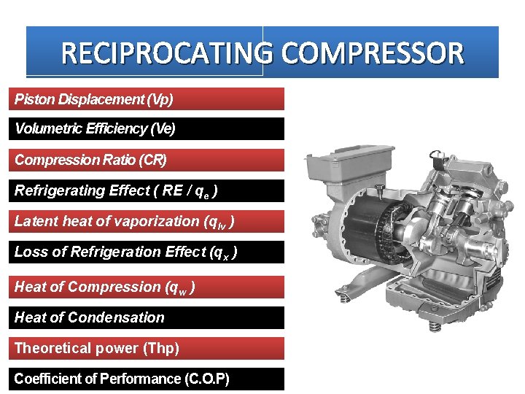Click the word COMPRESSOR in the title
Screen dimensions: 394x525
pyautogui.click(x=370, y=53)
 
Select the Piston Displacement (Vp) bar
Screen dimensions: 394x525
pyautogui.click(x=148, y=98)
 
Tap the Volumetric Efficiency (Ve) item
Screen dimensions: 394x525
pyautogui.click(x=148, y=129)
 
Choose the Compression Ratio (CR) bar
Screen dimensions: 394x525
pyautogui.click(x=148, y=160)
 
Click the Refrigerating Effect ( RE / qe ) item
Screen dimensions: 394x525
pyautogui.click(x=148, y=191)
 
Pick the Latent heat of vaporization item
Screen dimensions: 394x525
pyautogui.click(x=148, y=221)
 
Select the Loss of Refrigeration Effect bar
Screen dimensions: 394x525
pyautogui.click(x=148, y=252)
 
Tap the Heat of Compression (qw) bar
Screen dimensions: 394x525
pyautogui.click(x=148, y=287)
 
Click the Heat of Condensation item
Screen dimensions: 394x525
pyautogui.click(x=148, y=317)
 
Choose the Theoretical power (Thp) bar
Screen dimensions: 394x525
pyautogui.click(x=148, y=348)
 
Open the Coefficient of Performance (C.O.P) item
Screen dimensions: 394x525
pyautogui.click(x=148, y=379)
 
